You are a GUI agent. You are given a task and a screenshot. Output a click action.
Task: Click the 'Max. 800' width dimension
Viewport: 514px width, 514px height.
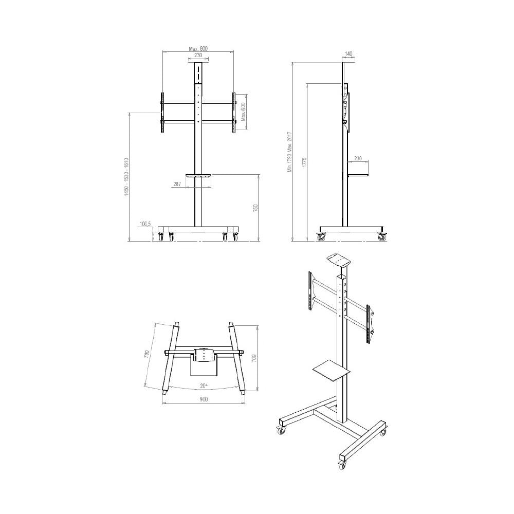pyautogui.click(x=197, y=48)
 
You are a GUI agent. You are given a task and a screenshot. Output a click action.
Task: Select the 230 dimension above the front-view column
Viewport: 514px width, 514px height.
pyautogui.click(x=198, y=56)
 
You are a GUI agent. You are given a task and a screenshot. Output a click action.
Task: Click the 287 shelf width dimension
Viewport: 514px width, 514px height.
pyautogui.click(x=177, y=183)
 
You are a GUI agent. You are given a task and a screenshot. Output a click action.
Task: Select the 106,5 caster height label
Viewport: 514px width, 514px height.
pyautogui.click(x=145, y=224)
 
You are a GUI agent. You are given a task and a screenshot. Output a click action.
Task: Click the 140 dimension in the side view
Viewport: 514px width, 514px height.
pyautogui.click(x=348, y=53)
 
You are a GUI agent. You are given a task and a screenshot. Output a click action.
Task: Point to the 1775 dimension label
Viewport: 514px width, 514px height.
pyautogui.click(x=304, y=164)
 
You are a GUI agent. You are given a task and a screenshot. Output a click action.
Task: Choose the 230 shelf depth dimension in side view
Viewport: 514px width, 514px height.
pyautogui.click(x=358, y=159)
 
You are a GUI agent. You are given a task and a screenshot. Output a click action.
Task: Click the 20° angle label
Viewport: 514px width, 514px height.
pyautogui.click(x=204, y=385)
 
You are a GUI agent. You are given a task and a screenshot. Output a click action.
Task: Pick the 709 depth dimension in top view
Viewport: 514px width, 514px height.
pyautogui.click(x=254, y=358)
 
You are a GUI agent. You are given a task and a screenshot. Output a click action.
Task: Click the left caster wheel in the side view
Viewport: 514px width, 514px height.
pyautogui.click(x=321, y=237)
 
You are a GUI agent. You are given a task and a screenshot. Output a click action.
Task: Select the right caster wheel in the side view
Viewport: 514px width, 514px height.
pyautogui.click(x=382, y=237)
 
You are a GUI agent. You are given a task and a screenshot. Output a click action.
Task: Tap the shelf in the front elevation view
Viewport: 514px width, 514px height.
pyautogui.click(x=198, y=176)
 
